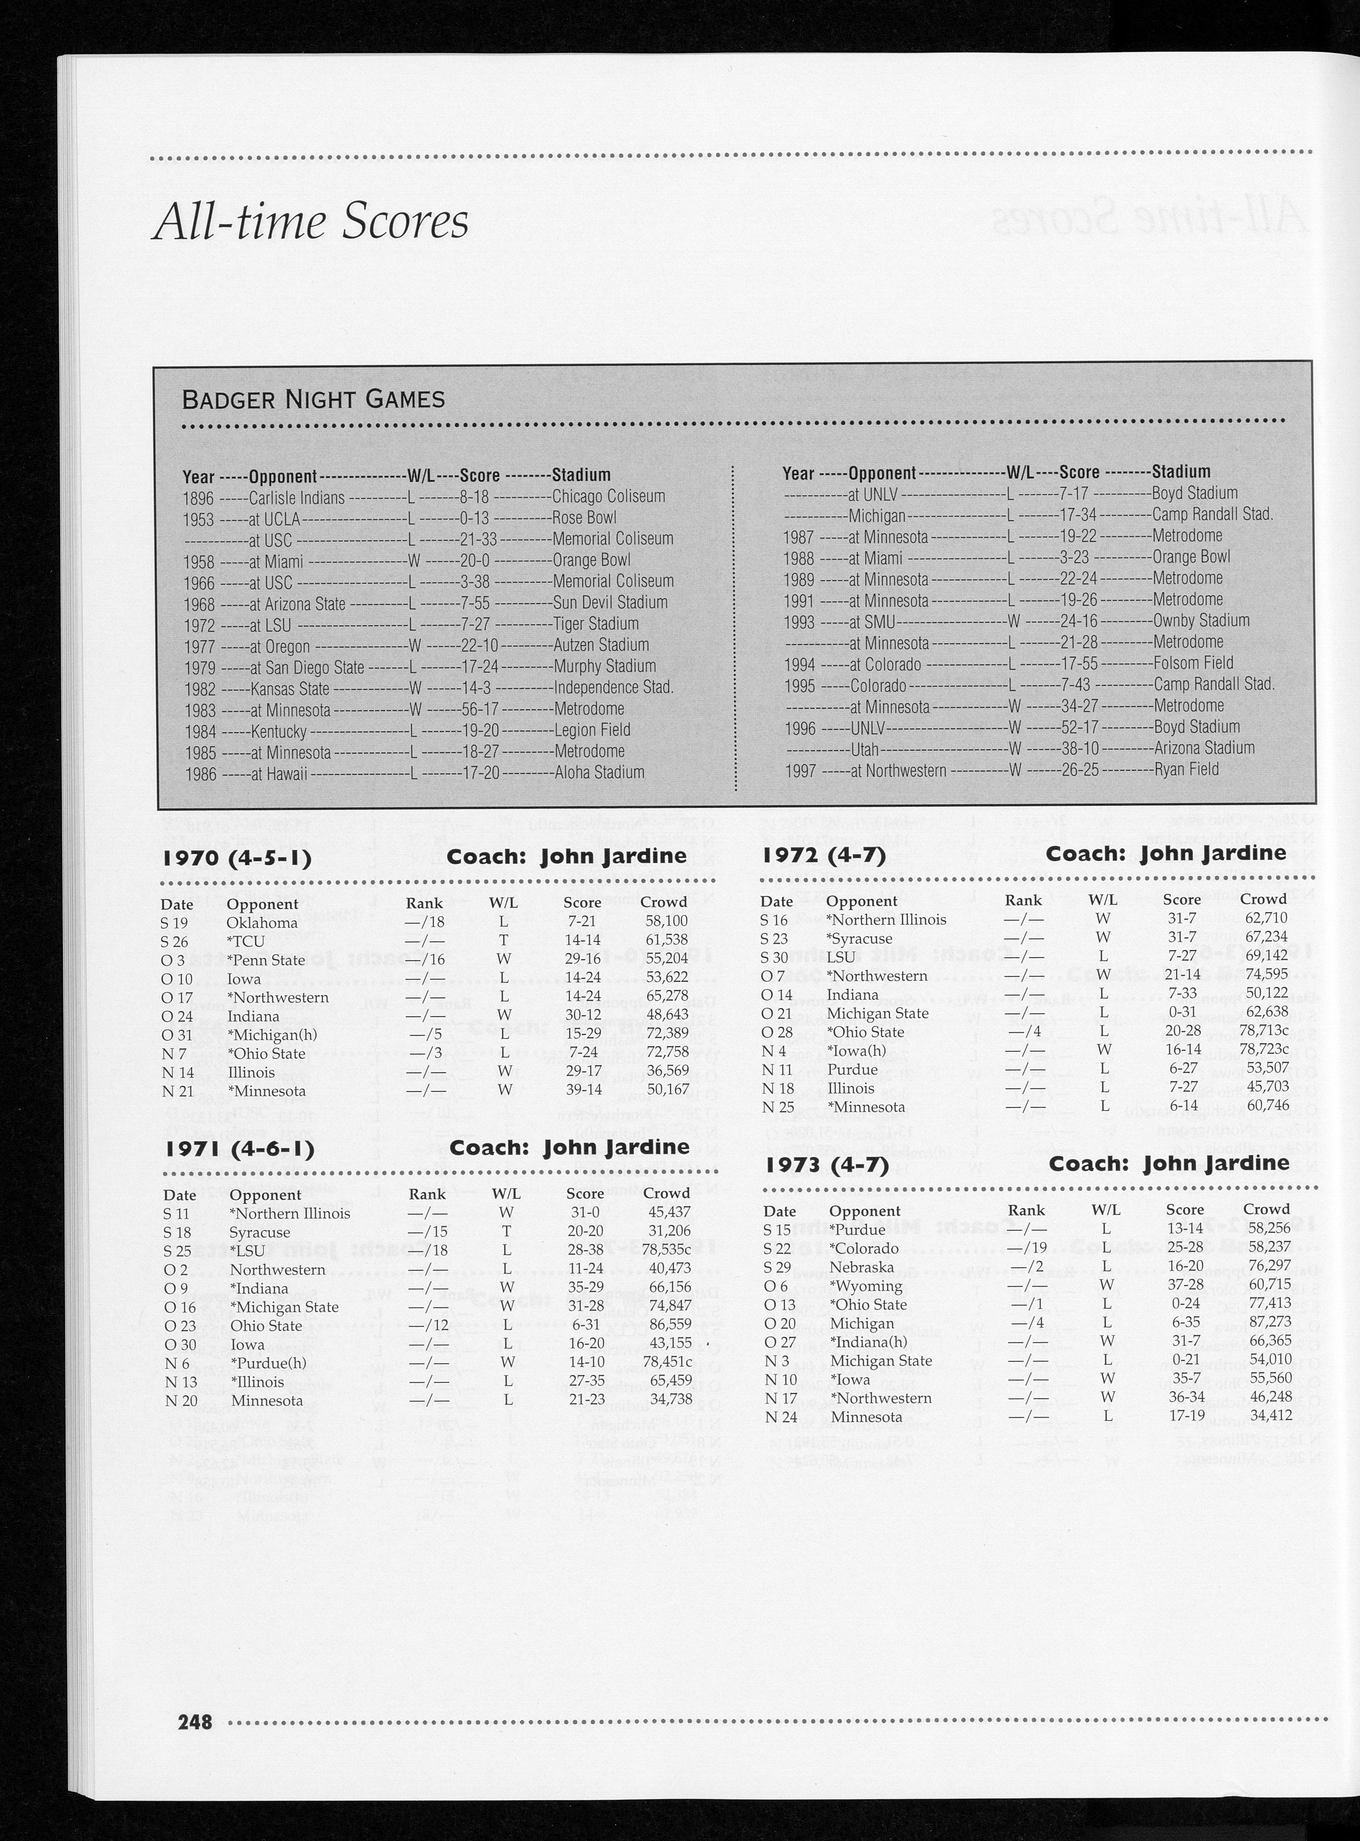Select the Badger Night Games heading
click(313, 400)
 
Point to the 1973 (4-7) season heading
click(826, 1165)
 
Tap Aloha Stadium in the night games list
click(599, 773)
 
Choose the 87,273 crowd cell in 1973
click(1267, 1323)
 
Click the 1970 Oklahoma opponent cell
click(262, 923)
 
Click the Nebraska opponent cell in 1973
click(861, 1267)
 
